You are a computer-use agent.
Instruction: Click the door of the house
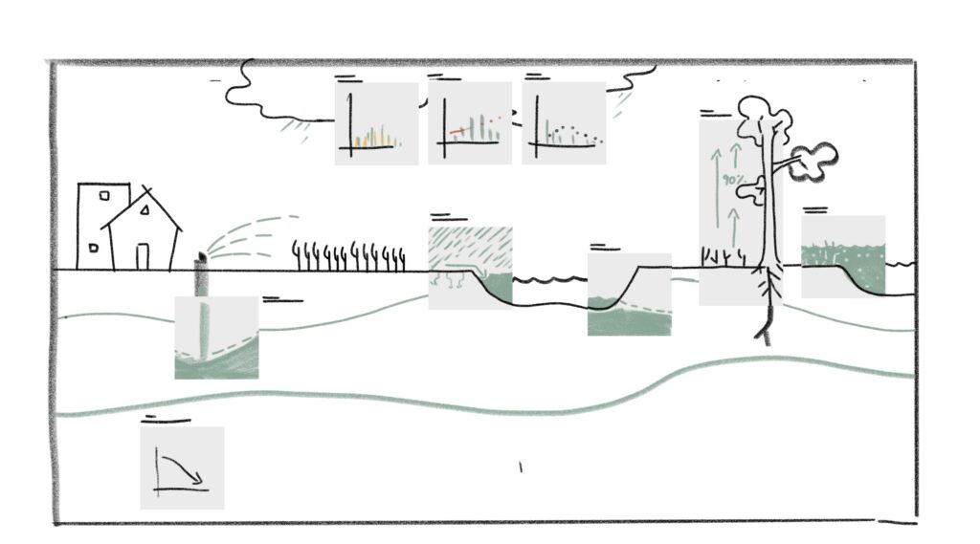click(x=143, y=256)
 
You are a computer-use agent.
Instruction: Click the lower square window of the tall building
click(x=93, y=248)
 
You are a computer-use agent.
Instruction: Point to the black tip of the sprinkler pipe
click(x=201, y=258)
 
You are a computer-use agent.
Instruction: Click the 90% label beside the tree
click(x=733, y=180)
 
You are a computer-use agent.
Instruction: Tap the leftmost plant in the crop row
click(x=297, y=255)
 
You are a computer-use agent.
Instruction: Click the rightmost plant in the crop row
click(x=400, y=257)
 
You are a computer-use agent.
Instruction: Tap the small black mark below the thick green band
click(x=521, y=467)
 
